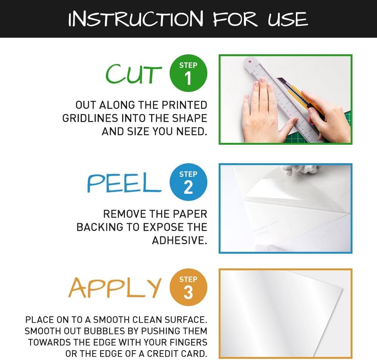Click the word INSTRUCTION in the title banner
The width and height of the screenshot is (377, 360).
click(x=136, y=19)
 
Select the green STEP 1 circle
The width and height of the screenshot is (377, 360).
click(x=188, y=74)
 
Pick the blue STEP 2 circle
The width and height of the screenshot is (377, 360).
click(x=188, y=182)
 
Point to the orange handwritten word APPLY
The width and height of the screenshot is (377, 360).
click(x=115, y=288)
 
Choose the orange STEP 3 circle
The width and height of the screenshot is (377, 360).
click(x=188, y=288)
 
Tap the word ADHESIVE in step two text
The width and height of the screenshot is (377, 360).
click(x=179, y=240)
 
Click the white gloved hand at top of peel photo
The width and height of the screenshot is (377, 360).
click(x=300, y=170)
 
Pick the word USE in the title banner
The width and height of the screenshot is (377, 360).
click(x=288, y=19)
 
